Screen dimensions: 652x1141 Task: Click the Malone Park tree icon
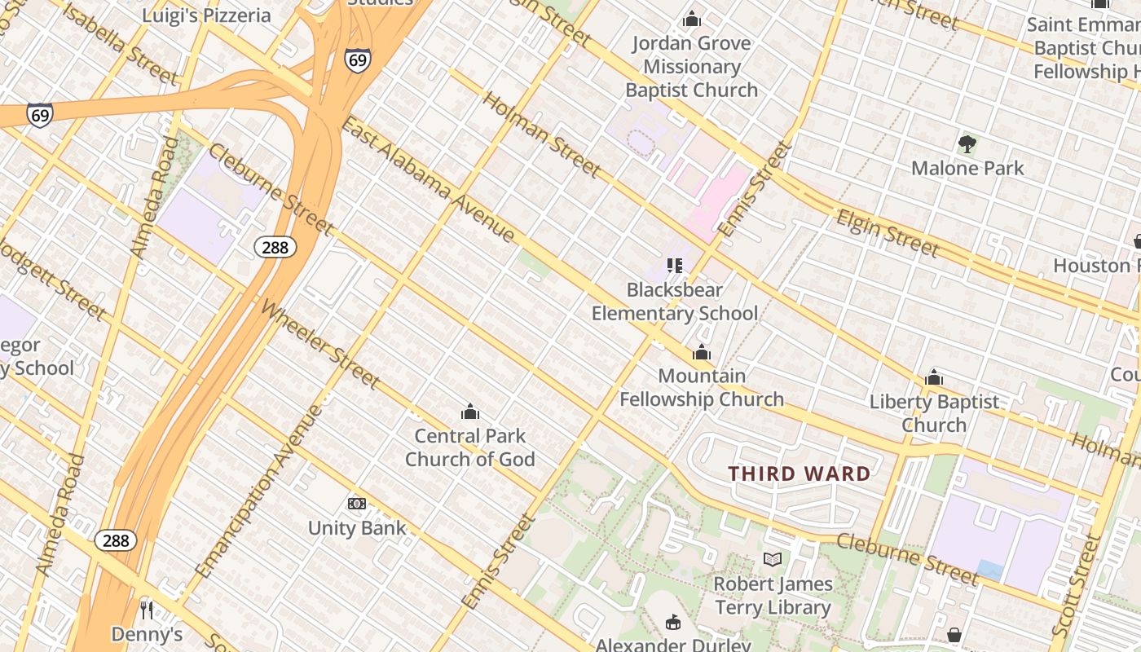[967, 145]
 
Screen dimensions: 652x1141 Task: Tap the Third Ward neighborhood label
[800, 474]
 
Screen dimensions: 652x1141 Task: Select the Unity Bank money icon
[357, 504]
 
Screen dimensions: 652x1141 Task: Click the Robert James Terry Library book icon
[773, 559]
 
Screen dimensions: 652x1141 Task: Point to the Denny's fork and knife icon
[147, 610]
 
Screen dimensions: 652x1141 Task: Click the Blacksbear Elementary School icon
[674, 265]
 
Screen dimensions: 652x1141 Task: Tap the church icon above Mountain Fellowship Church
[702, 352]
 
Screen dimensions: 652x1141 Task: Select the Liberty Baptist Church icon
[934, 377]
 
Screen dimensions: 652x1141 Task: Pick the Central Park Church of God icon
[470, 412]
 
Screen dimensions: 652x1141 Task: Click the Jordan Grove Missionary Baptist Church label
[692, 67]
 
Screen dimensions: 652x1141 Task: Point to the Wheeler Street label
[320, 344]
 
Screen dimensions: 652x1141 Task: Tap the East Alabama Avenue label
[428, 180]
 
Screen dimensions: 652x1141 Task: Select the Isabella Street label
[120, 45]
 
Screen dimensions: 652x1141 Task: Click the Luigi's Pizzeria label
[206, 15]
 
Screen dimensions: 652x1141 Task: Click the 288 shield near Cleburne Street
[275, 247]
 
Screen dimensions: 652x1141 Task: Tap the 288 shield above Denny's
[116, 540]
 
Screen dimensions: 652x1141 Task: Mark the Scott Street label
[1077, 585]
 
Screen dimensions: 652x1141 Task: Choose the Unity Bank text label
[357, 528]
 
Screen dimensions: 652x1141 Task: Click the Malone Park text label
[967, 168]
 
